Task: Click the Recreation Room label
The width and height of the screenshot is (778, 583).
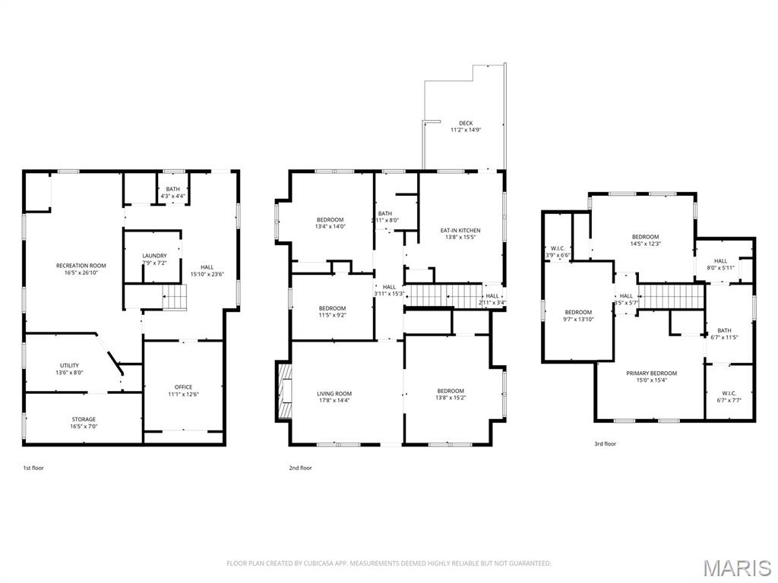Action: click(x=81, y=266)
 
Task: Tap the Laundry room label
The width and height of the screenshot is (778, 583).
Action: click(x=154, y=255)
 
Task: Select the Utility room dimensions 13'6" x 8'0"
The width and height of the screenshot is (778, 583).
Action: click(x=69, y=373)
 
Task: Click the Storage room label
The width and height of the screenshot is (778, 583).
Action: click(x=84, y=419)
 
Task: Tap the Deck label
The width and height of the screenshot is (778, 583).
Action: click(x=465, y=123)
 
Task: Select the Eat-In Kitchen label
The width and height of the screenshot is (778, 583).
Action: click(x=460, y=231)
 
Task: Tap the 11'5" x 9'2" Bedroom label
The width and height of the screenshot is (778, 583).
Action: click(x=332, y=308)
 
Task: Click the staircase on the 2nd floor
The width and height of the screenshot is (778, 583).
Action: click(x=444, y=295)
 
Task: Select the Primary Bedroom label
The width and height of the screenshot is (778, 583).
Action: click(x=651, y=373)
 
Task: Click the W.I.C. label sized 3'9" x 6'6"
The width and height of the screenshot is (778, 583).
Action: click(x=558, y=248)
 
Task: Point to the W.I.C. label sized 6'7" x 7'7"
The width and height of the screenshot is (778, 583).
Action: click(x=729, y=393)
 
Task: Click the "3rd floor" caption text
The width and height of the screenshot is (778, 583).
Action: click(x=606, y=444)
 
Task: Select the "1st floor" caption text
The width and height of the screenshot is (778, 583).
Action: click(x=33, y=468)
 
